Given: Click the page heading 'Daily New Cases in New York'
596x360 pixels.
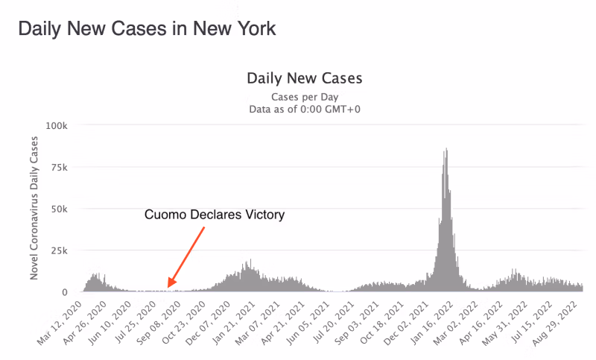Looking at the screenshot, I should coord(147,29).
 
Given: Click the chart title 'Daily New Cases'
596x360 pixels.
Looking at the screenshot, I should coord(304,78).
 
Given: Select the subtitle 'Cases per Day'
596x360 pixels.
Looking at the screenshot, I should coord(304,97).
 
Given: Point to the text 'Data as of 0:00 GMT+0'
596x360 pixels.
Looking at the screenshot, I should coord(304,110).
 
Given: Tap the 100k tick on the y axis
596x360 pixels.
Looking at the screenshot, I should coord(57,124).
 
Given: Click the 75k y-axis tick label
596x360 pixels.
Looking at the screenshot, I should coord(60,167).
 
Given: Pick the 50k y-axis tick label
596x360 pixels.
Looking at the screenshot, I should coord(60,209).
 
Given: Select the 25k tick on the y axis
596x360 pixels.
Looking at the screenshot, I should coord(60,250).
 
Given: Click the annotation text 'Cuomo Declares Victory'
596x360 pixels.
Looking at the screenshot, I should coord(215,215).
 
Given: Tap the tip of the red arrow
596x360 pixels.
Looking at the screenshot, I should coord(169,287).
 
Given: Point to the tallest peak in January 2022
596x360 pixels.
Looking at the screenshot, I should coord(446,149).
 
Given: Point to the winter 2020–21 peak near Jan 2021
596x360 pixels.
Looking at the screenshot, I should coord(250,260).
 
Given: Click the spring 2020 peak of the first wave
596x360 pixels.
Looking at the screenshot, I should coord(95,273).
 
